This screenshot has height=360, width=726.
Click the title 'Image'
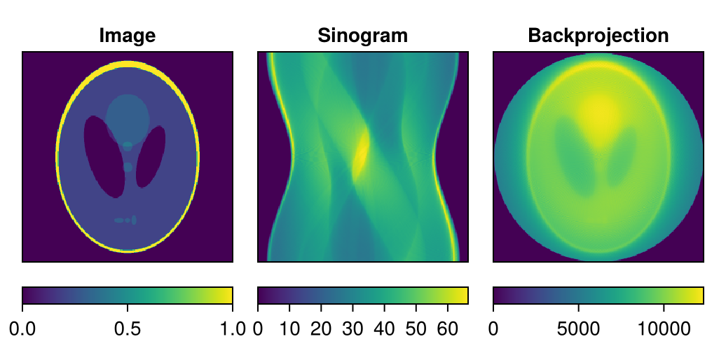click(127, 35)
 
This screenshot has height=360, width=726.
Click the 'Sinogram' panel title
click(362, 35)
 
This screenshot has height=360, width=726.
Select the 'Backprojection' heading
click(598, 35)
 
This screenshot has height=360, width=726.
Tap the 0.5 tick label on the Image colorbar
click(127, 328)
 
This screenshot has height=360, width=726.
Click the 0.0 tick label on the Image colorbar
click(22, 328)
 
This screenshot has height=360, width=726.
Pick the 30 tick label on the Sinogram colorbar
click(353, 328)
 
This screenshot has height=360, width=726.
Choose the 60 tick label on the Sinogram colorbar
click(448, 328)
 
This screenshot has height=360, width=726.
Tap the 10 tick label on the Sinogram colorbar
click(289, 328)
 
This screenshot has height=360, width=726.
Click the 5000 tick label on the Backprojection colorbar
click(578, 328)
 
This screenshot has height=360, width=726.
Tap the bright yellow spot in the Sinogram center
click(361, 154)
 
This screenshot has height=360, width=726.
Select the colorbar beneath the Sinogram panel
click(362, 296)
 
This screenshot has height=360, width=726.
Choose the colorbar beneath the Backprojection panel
click(598, 296)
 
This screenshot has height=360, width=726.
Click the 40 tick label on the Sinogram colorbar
click(385, 328)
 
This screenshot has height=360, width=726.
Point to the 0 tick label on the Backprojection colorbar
click(493, 328)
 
